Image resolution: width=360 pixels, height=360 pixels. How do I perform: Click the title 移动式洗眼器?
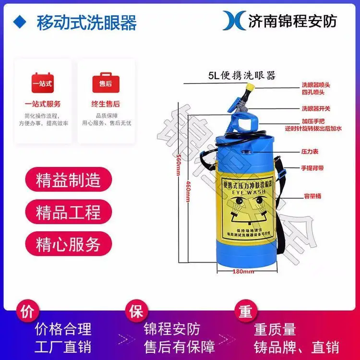coord(86,23)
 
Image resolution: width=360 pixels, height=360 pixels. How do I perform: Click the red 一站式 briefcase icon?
coord(42,84)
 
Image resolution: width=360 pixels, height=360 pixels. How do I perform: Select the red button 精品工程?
coord(68,212)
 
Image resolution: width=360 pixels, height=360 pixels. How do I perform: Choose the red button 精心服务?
coord(68,244)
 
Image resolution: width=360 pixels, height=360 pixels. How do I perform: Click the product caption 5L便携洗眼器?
coord(241,75)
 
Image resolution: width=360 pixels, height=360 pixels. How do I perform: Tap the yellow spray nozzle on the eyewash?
coord(249,88)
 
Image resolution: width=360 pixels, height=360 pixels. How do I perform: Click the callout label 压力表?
coord(310,151)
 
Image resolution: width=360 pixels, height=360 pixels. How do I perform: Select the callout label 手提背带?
coord(312,168)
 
